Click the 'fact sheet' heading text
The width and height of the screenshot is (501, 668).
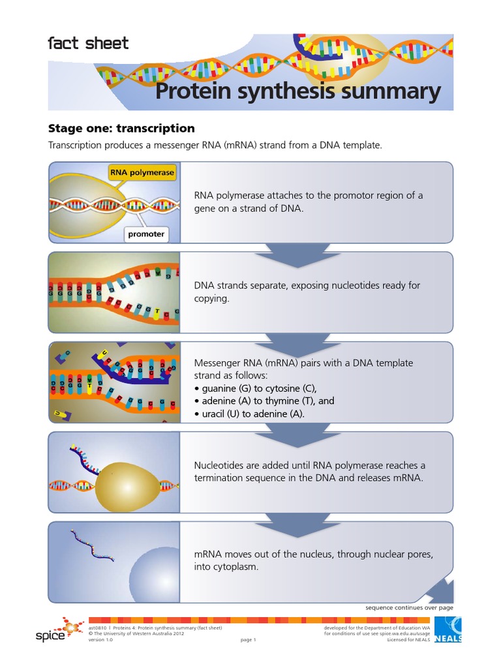click(x=88, y=44)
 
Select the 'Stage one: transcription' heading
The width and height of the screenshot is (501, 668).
click(x=121, y=129)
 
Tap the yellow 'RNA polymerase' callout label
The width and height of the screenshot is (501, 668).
click(x=142, y=173)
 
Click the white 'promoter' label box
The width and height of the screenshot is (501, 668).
click(x=146, y=234)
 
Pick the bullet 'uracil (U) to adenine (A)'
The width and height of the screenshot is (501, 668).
click(x=249, y=414)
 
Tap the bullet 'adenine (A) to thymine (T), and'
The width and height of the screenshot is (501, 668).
click(x=264, y=401)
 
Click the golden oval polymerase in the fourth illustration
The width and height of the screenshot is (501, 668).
click(x=127, y=486)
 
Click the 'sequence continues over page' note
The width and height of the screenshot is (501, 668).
click(x=409, y=607)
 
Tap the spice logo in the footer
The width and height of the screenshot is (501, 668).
click(x=59, y=630)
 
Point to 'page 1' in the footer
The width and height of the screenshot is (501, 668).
click(x=248, y=640)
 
